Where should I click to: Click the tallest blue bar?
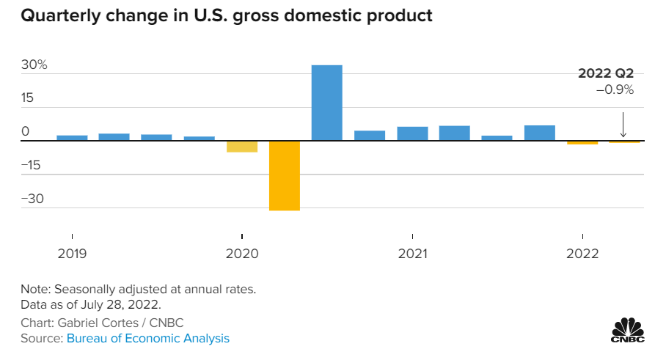click(326, 103)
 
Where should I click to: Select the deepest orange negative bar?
click(284, 175)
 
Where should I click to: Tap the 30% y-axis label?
click(34, 65)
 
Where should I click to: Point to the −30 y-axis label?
click(32, 199)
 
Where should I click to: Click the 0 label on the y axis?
click(26, 132)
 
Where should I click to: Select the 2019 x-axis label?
click(72, 254)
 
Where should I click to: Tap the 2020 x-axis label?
click(242, 254)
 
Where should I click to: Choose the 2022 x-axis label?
click(582, 254)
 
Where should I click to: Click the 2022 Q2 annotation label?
click(606, 73)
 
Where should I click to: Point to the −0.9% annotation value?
click(615, 89)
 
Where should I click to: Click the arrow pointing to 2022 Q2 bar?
click(622, 125)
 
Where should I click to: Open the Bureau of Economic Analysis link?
click(147, 338)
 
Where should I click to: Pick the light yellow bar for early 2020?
click(241, 146)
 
